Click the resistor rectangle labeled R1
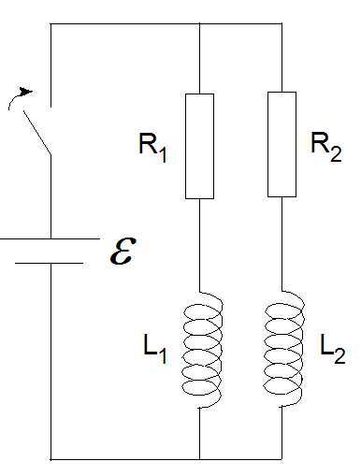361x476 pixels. [x=201, y=145]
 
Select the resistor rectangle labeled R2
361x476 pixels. [x=282, y=144]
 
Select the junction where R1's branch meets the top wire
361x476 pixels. [x=201, y=25]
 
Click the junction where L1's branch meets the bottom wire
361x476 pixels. [x=201, y=459]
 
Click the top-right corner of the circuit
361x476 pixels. [x=282, y=25]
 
